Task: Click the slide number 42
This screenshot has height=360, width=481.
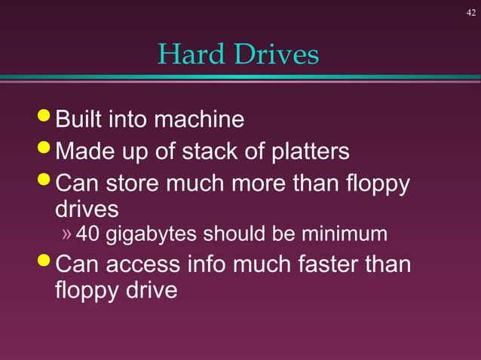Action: [471, 12]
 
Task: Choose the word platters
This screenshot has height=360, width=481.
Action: [303, 152]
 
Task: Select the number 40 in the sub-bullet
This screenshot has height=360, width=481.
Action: [88, 235]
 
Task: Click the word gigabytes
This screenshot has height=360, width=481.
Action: [148, 236]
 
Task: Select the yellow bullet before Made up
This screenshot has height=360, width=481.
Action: [46, 150]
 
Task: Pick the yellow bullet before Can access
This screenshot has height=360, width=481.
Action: [46, 263]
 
